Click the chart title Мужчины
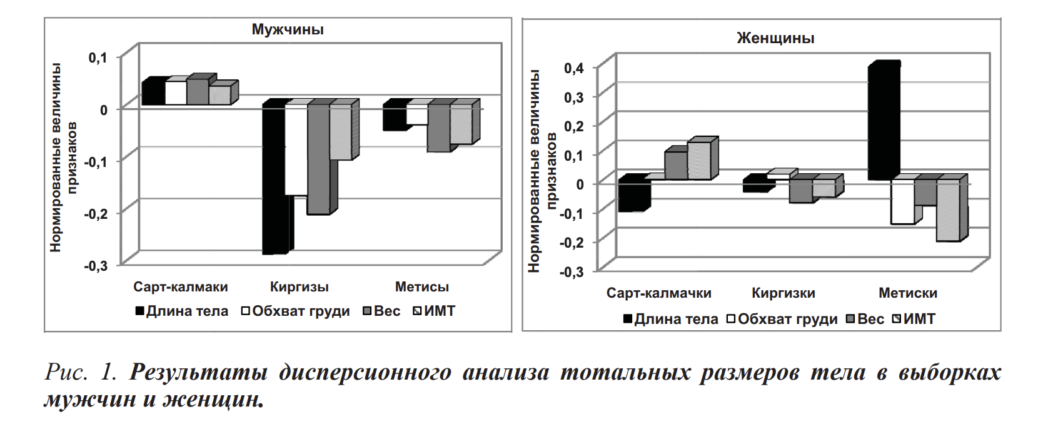coord(288,29)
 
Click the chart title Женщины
coord(775,38)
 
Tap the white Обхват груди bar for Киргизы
coord(296,151)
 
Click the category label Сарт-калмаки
coord(181,287)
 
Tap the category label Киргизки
coord(783,293)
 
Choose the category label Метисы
coord(422,287)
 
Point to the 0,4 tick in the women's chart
coord(573,68)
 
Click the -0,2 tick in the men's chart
coord(96,213)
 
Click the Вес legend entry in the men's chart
coord(383,311)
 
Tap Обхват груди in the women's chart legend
coord(782,319)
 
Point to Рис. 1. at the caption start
coord(81,372)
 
